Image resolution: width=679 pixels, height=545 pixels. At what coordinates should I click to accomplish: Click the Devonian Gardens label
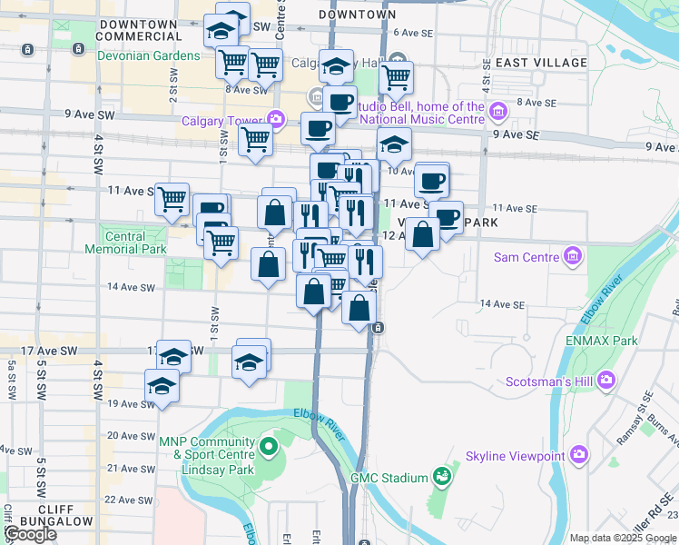149,55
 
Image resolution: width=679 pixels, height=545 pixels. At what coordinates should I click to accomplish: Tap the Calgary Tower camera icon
275,119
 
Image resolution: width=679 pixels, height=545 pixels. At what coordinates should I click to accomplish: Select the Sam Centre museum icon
572,257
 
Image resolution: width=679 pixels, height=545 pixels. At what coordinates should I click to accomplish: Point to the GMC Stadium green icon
441,476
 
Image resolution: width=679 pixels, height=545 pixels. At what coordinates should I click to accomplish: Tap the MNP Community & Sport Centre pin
269,447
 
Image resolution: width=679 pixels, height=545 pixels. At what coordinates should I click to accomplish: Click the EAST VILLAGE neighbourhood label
542,63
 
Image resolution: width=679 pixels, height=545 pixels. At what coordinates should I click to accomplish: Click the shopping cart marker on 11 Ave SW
172,199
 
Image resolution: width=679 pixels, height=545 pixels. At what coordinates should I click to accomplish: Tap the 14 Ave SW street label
131,286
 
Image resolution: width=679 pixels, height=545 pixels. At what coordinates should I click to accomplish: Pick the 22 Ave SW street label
128,500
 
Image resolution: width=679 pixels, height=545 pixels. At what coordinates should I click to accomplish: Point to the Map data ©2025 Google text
623,538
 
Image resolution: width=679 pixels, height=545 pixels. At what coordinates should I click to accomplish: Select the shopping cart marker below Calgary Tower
256,140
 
